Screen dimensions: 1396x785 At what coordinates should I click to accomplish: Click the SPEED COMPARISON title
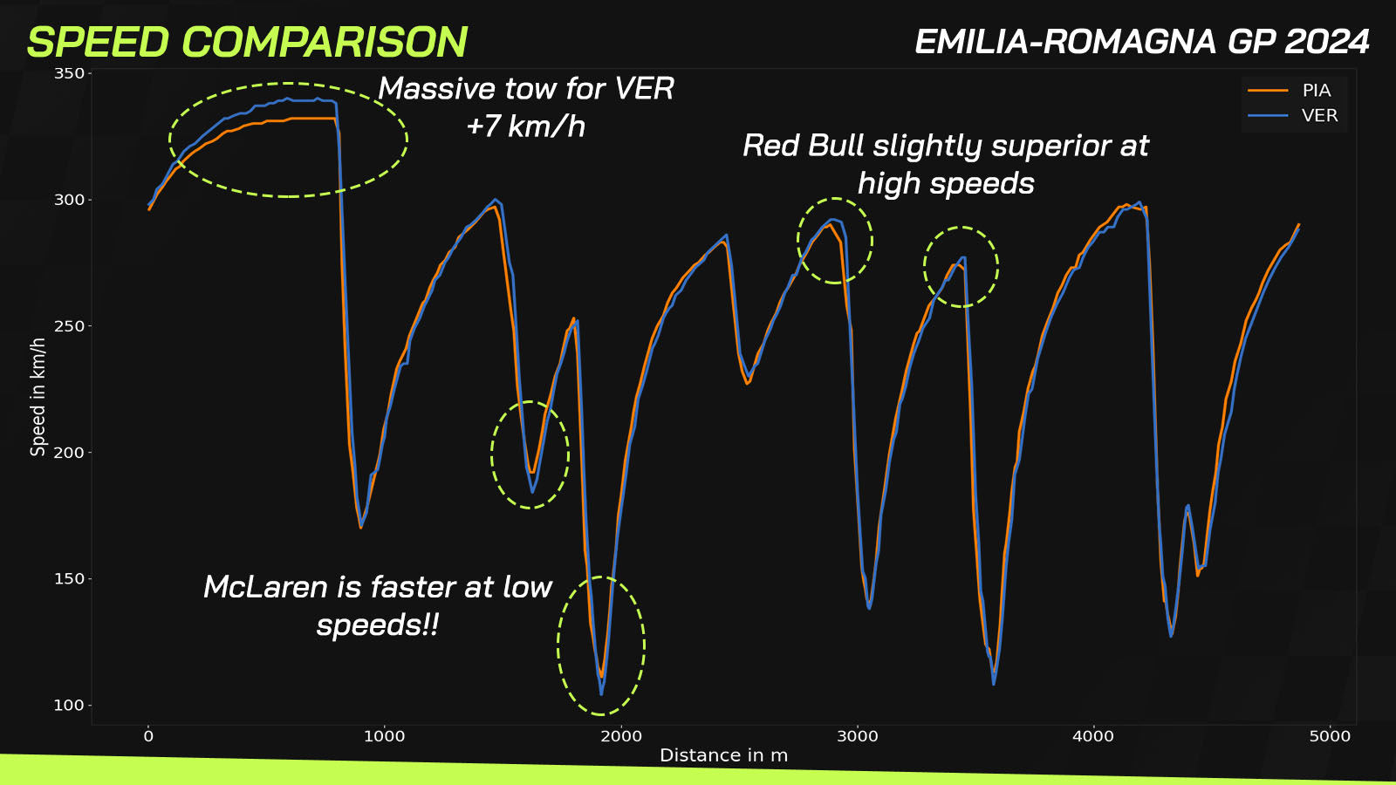[248, 43]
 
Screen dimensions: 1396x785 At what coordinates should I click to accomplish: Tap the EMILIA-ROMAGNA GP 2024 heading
[1142, 42]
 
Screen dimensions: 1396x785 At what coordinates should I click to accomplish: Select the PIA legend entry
[1290, 91]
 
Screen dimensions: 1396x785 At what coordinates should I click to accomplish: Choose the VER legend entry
[1292, 115]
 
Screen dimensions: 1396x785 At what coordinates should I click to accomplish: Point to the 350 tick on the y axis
[69, 73]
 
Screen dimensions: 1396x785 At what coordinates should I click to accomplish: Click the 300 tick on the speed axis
[69, 200]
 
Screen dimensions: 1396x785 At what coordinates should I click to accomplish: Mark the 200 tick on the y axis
[69, 453]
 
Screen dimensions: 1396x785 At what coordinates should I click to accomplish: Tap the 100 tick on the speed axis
[69, 706]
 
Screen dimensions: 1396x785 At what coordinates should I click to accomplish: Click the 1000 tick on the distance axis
[385, 736]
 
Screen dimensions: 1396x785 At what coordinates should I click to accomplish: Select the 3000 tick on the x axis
[857, 736]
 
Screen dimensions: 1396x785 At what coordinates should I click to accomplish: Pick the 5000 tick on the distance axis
[1330, 736]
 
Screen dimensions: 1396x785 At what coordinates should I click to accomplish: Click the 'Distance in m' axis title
[723, 755]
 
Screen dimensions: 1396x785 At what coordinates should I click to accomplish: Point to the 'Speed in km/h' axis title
[38, 397]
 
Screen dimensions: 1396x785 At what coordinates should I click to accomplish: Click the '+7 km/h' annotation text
[525, 126]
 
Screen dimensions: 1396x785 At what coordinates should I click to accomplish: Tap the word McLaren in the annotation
[265, 587]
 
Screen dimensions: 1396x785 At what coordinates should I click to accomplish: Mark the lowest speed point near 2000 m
[601, 693]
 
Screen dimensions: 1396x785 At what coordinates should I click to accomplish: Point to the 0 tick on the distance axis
[148, 736]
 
